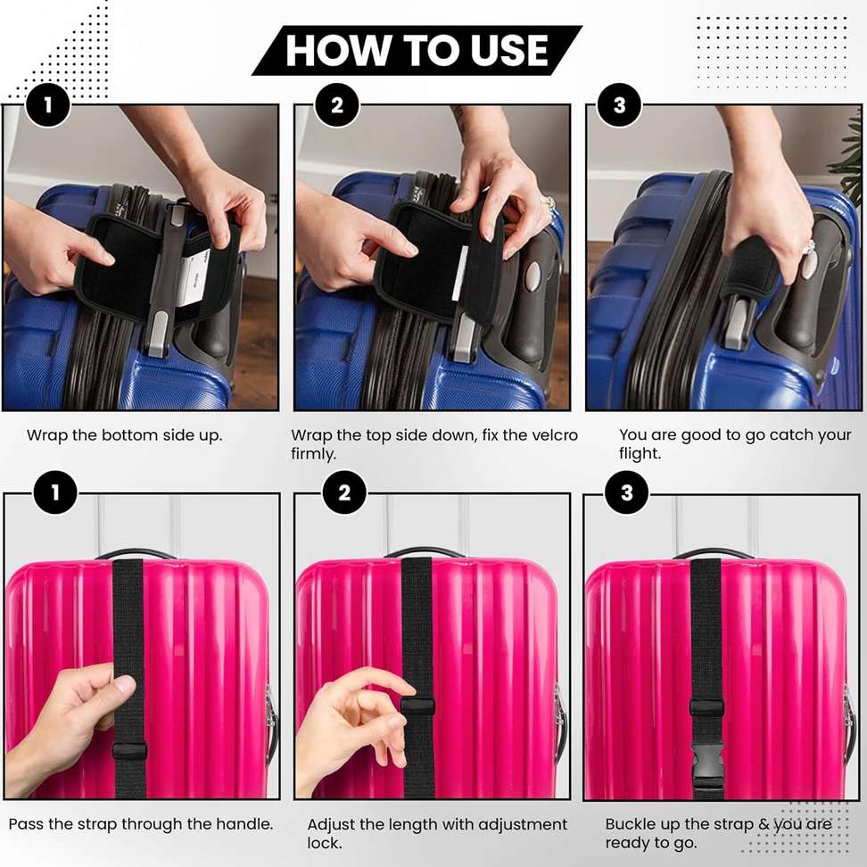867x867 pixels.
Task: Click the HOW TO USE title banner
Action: (x=417, y=50)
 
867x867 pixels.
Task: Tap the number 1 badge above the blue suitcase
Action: (x=47, y=105)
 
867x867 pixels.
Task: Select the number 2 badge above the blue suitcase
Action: (x=337, y=105)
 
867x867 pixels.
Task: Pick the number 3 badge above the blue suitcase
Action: (x=619, y=105)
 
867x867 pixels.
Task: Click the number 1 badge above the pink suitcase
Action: (x=55, y=492)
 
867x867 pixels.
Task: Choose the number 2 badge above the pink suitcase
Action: (x=344, y=492)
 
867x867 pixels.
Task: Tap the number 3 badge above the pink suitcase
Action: (x=626, y=492)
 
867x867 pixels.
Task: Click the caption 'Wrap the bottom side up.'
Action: (x=124, y=435)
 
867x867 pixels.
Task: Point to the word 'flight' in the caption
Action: (x=640, y=453)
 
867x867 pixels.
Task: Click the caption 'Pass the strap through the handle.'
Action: (x=141, y=824)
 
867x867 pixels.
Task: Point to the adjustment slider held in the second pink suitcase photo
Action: (x=417, y=706)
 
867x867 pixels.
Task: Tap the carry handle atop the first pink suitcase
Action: (x=136, y=554)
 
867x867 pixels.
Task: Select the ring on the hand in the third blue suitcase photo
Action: (x=808, y=249)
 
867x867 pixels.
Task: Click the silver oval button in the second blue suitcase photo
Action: (x=532, y=275)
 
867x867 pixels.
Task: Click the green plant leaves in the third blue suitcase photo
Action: (x=849, y=158)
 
